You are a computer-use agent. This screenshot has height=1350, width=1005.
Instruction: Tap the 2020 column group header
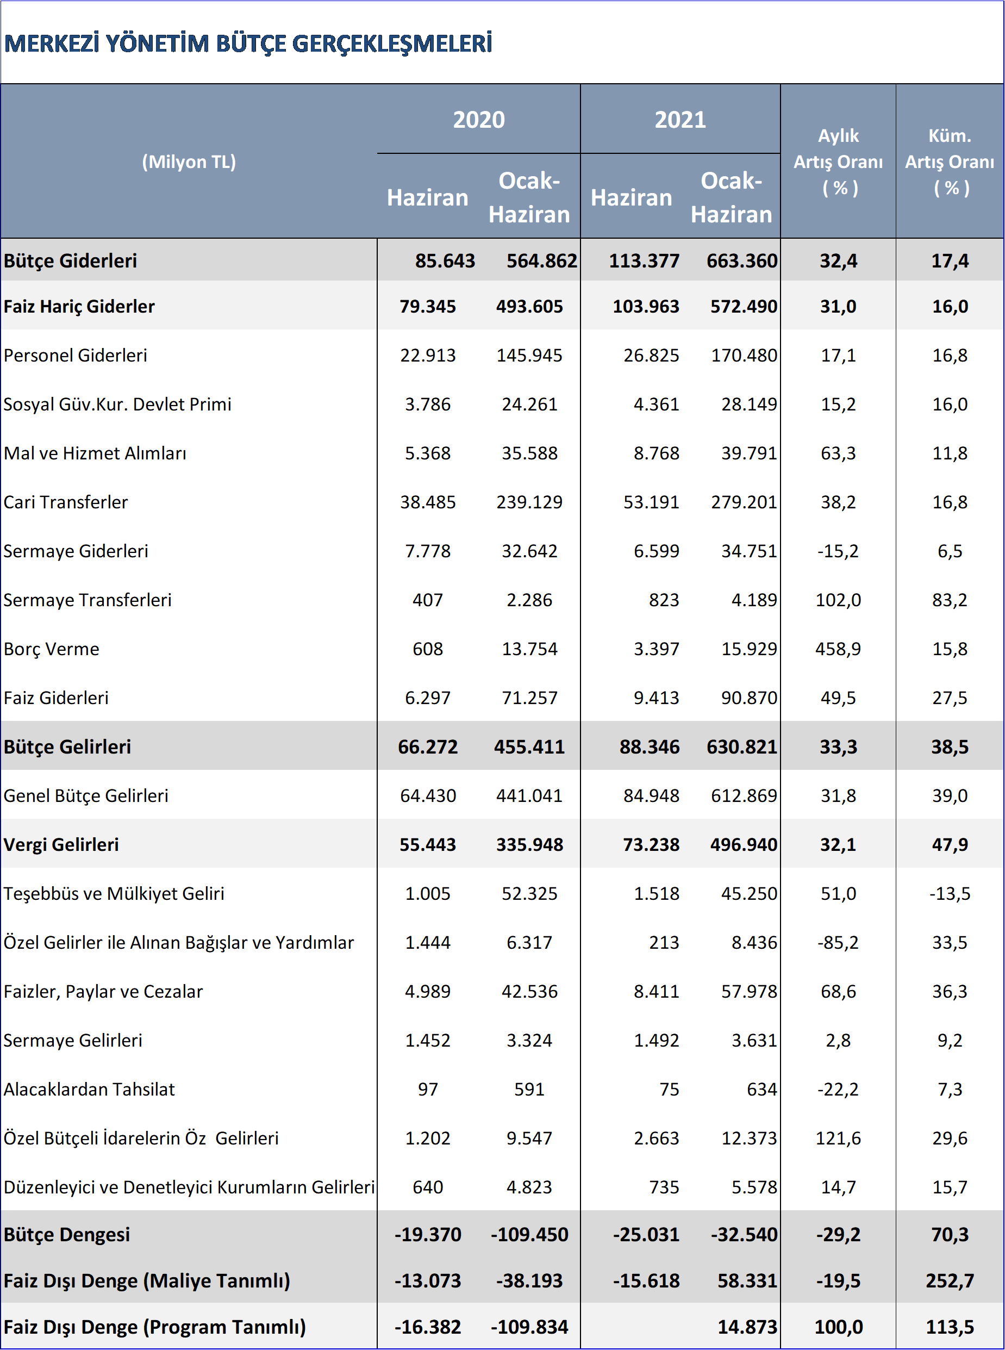click(x=479, y=120)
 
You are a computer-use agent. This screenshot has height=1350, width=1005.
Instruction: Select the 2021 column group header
click(x=680, y=120)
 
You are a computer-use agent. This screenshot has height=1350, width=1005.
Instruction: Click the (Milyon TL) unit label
click(x=189, y=162)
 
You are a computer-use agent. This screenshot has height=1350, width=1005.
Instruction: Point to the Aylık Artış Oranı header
click(x=838, y=162)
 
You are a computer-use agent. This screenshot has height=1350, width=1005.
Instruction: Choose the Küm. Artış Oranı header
click(x=950, y=162)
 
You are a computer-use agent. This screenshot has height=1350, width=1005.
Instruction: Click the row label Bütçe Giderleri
click(x=71, y=260)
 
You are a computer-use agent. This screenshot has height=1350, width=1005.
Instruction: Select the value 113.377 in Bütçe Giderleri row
click(x=644, y=260)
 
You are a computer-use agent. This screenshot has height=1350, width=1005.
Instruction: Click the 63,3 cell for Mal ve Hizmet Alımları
click(x=838, y=453)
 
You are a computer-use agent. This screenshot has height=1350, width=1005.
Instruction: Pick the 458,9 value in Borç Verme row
click(x=838, y=649)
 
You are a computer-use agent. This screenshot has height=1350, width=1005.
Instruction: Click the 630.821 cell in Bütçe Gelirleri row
click(x=741, y=746)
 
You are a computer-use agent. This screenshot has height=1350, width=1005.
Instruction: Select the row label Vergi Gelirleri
click(x=61, y=844)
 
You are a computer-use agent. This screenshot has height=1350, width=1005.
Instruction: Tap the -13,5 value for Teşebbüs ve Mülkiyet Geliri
click(x=950, y=894)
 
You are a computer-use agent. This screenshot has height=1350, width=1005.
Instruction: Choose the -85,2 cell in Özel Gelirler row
click(x=838, y=942)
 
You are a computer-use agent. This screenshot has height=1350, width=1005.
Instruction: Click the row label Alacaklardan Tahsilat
click(x=90, y=1089)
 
